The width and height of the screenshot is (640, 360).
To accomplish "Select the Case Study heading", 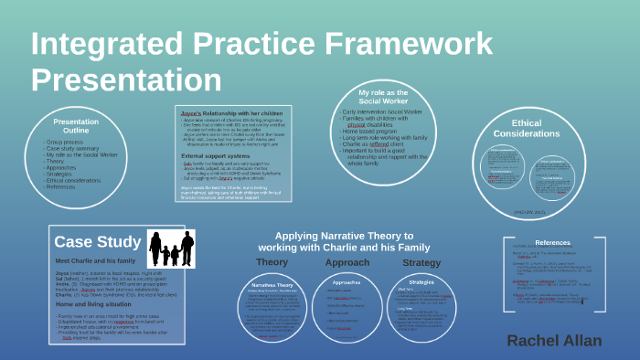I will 96,241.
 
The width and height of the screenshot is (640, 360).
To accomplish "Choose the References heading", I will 552,242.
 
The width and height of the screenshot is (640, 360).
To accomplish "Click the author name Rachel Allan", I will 554,340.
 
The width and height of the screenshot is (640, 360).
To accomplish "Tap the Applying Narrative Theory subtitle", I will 351,241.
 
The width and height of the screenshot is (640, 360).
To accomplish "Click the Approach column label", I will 347,262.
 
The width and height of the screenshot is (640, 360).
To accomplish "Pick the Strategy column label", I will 421,262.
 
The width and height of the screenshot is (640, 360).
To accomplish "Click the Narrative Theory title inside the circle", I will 276,286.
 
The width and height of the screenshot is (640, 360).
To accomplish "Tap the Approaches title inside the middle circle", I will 347,282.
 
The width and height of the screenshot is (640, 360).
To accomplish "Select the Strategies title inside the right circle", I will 421,282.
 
